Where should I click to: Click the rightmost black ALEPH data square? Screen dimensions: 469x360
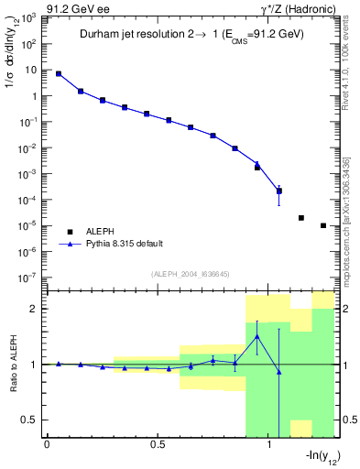coord(323,225)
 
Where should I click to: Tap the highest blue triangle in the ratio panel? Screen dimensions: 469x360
coord(257,337)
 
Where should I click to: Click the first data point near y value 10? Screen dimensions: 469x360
coord(59,73)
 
